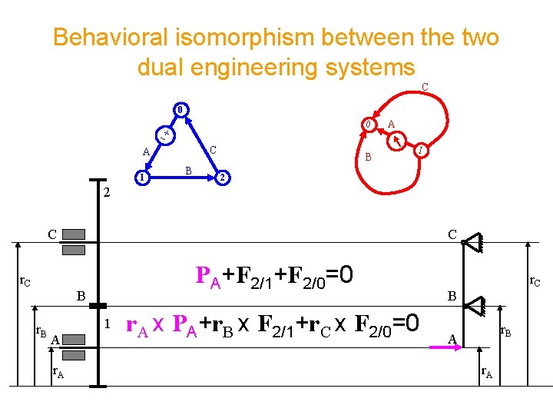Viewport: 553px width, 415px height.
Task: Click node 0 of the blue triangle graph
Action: click(x=179, y=108)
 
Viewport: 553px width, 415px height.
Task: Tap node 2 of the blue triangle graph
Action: click(x=221, y=178)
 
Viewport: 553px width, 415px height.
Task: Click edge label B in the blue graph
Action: click(x=188, y=169)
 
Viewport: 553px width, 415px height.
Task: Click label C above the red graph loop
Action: click(x=425, y=88)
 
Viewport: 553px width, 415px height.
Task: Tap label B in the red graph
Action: click(x=369, y=158)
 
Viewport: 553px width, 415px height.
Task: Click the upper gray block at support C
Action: click(x=74, y=234)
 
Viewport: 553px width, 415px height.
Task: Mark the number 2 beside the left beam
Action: click(x=107, y=194)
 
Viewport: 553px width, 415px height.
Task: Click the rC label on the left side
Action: click(x=25, y=282)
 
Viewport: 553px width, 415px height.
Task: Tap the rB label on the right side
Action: click(x=507, y=332)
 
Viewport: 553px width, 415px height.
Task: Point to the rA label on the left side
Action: click(x=58, y=374)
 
